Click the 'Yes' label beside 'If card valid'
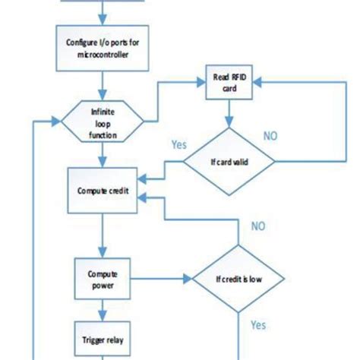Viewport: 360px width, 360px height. [x=179, y=144]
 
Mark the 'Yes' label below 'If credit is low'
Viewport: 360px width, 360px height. [x=257, y=325]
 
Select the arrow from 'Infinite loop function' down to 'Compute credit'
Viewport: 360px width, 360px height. [x=102, y=156]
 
